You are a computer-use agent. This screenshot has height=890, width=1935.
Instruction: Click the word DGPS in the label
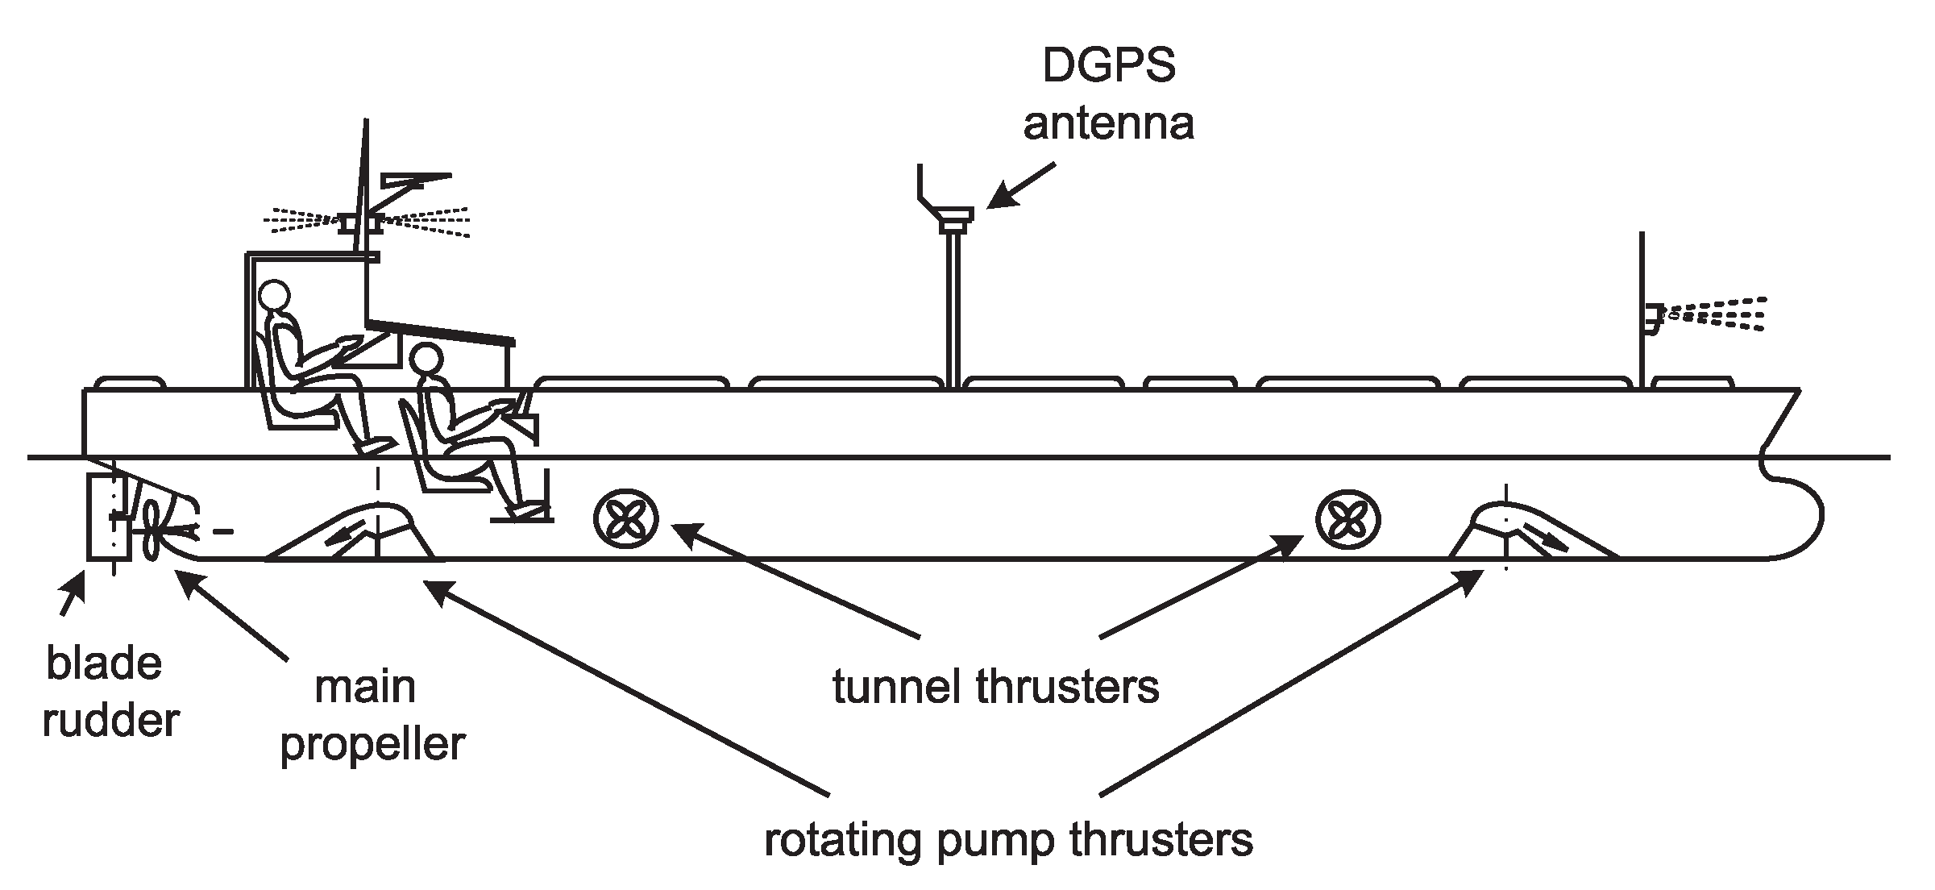click(1109, 66)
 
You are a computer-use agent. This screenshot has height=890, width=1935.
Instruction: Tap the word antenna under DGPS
click(1109, 124)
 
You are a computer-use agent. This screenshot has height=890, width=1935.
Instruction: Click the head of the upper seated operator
click(274, 295)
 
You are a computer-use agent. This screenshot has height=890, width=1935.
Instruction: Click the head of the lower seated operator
click(426, 360)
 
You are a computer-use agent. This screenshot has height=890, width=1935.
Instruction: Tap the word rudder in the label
click(110, 720)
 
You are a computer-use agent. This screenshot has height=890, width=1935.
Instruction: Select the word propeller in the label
click(372, 743)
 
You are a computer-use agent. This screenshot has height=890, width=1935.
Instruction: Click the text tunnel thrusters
click(995, 688)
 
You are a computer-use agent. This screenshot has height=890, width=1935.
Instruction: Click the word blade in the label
click(105, 663)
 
